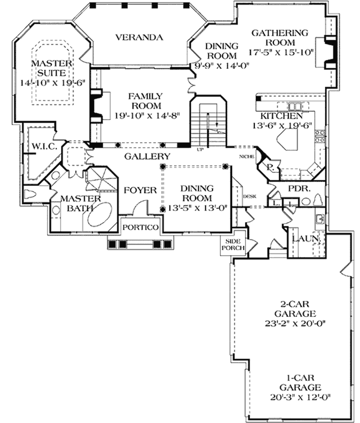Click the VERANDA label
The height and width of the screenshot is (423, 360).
coord(139,37)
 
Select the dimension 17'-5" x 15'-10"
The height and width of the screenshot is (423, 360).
coord(281,52)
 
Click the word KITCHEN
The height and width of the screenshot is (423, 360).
coord(281,116)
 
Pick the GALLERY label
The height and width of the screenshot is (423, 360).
coord(147,157)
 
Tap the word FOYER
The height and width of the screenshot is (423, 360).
coord(140,190)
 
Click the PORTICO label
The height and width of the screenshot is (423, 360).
coord(141,227)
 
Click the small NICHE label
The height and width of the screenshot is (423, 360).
coord(246,156)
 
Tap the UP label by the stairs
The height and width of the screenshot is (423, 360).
coord(200,150)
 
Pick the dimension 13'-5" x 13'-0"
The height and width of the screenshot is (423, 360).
coord(197,208)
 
